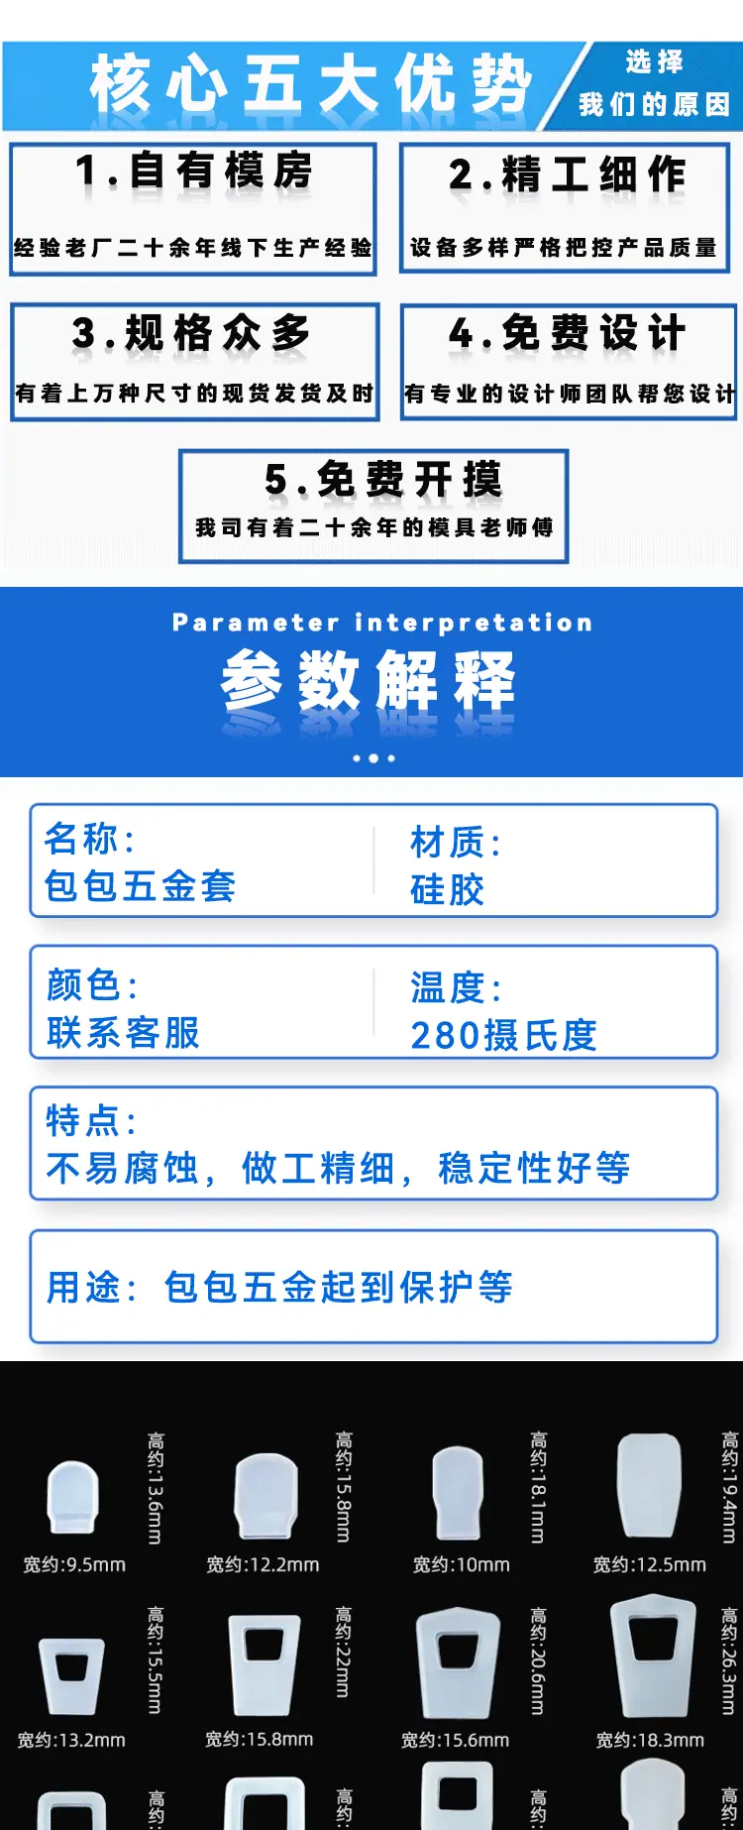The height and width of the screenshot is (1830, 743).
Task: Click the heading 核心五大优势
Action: coord(311,83)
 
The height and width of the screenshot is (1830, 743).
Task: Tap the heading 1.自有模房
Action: coord(194,171)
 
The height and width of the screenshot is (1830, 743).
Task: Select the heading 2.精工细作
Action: coord(567,174)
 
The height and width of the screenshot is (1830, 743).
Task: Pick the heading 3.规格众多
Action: coord(191,333)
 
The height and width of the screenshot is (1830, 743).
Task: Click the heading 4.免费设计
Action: coord(567,333)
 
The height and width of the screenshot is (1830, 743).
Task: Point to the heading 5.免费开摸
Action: coord(383,479)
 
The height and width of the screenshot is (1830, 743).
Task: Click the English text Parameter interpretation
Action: coord(382,623)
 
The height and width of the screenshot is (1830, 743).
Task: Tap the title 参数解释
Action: coord(369,680)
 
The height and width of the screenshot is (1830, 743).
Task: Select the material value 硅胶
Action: coord(448,889)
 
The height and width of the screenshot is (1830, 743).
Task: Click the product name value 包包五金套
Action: coord(140,885)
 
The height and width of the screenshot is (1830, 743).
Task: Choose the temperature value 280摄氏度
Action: coord(504,1035)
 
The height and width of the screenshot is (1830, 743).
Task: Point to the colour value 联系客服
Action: coord(123,1032)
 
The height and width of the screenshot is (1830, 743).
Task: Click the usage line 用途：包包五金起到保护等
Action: coord(279,1287)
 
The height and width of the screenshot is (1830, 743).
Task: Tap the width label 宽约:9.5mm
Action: coord(74,1564)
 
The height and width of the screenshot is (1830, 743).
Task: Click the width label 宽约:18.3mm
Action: coord(650,1740)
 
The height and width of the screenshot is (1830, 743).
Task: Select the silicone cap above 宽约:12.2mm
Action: coord(265,1496)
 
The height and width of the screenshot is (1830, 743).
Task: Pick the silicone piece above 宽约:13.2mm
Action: coord(71,1676)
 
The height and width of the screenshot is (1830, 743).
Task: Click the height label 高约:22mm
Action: coord(343,1652)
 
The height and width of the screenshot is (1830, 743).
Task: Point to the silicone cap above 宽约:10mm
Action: coord(459,1493)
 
